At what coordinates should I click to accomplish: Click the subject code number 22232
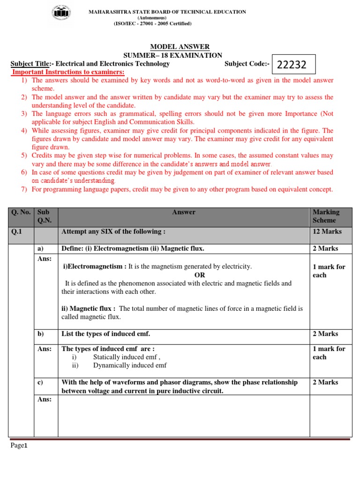tap(292, 65)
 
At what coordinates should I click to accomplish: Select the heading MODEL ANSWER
tap(180, 47)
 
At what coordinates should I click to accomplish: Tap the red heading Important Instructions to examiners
tap(68, 72)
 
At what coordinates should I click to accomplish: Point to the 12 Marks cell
tap(327, 232)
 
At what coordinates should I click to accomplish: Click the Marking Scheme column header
tap(326, 216)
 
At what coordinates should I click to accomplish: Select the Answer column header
tap(183, 212)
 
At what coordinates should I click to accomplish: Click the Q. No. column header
tap(21, 212)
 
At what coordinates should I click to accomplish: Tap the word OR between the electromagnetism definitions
tap(200, 275)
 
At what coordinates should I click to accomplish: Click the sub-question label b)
tap(40, 334)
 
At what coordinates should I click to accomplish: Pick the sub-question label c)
tap(40, 382)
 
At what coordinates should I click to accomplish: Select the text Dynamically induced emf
tap(130, 366)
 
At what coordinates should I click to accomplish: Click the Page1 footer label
tap(20, 446)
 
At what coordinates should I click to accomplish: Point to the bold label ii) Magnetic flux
tap(89, 308)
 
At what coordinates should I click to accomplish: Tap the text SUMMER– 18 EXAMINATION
tap(180, 55)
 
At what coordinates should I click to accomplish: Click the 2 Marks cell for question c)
tap(325, 382)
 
